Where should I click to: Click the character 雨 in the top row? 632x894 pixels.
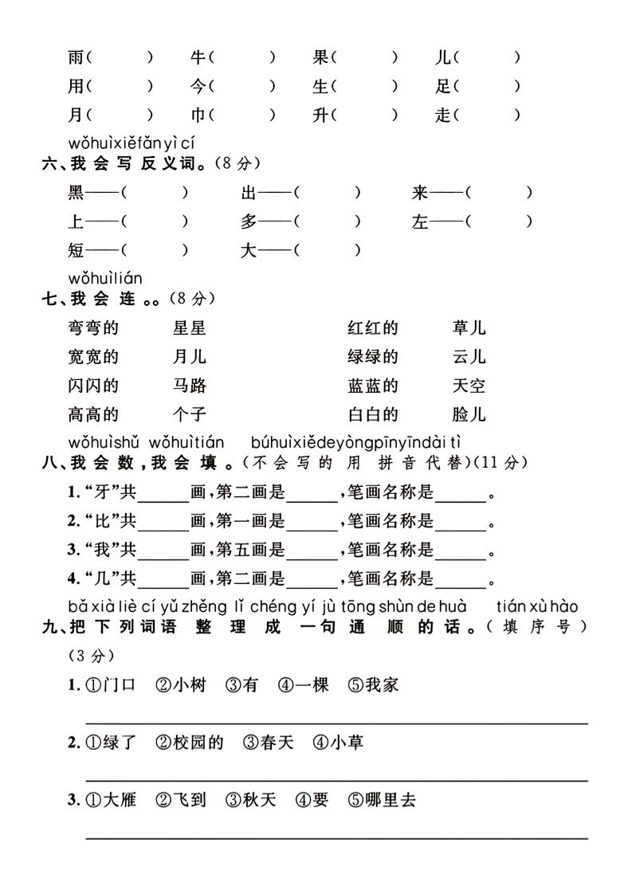76,57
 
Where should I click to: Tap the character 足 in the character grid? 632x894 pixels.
443,86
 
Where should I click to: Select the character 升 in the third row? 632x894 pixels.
321,115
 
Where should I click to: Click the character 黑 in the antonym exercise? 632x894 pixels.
76,193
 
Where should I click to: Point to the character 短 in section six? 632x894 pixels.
76,250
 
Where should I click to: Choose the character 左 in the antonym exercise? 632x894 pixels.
420,222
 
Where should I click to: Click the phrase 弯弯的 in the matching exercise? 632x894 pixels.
93,327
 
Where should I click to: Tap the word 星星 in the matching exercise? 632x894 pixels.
189,327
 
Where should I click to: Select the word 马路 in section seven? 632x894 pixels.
189,386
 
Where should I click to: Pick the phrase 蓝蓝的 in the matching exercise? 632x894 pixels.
372,386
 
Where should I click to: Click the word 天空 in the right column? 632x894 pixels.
468,386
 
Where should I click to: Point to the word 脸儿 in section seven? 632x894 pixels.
468,414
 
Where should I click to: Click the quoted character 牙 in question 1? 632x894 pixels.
102,493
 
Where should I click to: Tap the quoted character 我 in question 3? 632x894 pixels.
102,551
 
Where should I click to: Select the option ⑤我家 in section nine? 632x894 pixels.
373,684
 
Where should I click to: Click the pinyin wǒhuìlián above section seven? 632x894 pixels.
105,278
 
